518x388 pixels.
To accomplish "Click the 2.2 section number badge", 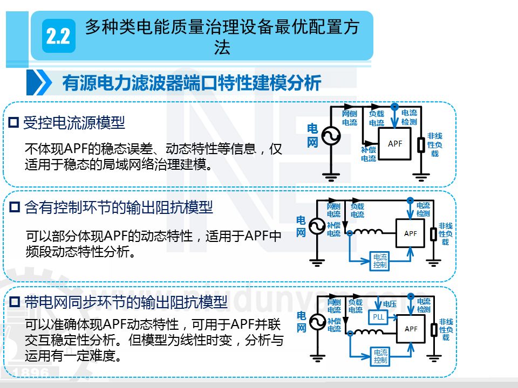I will (x=58, y=37).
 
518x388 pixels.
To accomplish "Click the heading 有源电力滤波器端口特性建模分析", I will (x=192, y=83).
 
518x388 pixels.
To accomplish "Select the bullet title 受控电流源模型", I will (x=74, y=123).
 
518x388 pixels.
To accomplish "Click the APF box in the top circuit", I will (x=395, y=143).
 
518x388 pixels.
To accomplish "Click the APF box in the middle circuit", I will (x=410, y=233).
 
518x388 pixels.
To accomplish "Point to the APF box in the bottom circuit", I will (x=410, y=329).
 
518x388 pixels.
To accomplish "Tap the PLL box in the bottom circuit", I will (x=379, y=317).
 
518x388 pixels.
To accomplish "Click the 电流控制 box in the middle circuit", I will (x=380, y=261).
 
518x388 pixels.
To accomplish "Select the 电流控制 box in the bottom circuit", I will (x=380, y=357).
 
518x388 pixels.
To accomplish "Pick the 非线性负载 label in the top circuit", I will (x=435, y=144).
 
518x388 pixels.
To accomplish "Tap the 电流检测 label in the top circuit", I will (x=410, y=117).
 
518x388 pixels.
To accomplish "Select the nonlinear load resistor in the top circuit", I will (x=421, y=145).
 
